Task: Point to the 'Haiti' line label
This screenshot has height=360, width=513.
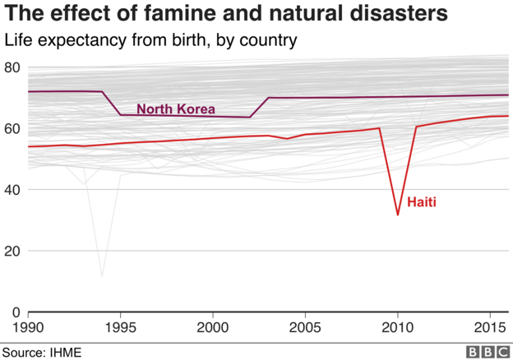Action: pyautogui.click(x=421, y=201)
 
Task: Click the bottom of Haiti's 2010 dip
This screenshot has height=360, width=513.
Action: pyautogui.click(x=398, y=215)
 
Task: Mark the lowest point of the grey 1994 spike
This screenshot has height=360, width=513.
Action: pyautogui.click(x=102, y=276)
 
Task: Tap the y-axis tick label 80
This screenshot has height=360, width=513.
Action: pyautogui.click(x=12, y=67)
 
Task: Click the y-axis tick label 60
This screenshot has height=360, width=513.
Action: pyautogui.click(x=12, y=128)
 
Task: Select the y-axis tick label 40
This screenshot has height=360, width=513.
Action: pyautogui.click(x=12, y=190)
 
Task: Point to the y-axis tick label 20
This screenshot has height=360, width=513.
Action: pyautogui.click(x=12, y=251)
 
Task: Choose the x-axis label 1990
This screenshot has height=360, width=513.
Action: pyautogui.click(x=29, y=327)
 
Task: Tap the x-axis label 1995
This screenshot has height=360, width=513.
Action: pyautogui.click(x=121, y=327)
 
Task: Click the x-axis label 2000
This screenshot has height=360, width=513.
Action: pyautogui.click(x=213, y=327)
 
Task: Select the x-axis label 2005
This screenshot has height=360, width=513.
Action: pyautogui.click(x=306, y=327)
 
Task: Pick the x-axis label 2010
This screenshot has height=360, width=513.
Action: pyautogui.click(x=398, y=327)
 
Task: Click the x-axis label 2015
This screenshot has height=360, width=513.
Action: pyautogui.click(x=490, y=327)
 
